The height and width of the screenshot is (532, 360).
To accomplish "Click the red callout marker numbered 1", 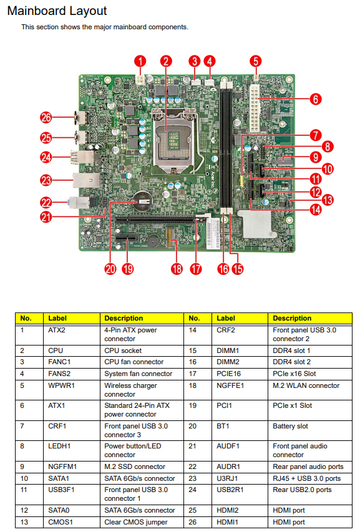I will coord(141,60).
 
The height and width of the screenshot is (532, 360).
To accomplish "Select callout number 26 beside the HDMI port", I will coord(46,117).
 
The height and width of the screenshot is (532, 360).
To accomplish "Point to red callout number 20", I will coord(110,269).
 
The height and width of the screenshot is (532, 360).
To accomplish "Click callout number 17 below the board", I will coord(197,269).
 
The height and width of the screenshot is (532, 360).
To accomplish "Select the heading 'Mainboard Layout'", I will coord(57,11).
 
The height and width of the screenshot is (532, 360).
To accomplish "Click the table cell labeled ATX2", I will coord(57,330).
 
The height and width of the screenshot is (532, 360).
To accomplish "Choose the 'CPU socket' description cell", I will coord(123,351).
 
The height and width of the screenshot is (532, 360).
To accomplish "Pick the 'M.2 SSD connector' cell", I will coord(135,467).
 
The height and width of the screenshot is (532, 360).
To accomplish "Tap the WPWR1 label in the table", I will coord(61,385).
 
